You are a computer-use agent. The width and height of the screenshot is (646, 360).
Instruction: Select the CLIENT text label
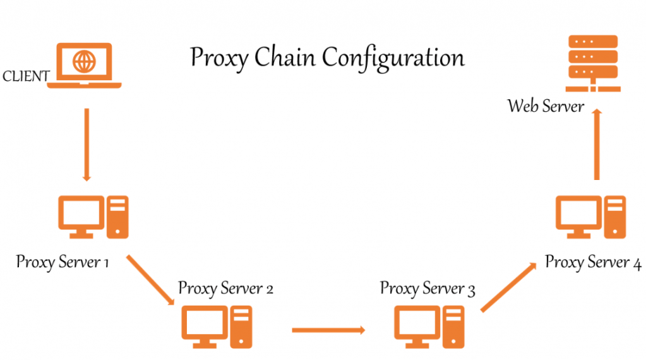tap(26, 77)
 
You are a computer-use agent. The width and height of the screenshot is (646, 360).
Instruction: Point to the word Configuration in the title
tap(393, 59)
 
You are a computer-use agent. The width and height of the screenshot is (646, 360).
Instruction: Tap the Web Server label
tap(546, 105)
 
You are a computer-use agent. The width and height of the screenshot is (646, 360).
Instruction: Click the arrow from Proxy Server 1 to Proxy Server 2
tap(151, 280)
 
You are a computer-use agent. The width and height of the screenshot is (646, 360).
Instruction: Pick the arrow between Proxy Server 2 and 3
tap(328, 329)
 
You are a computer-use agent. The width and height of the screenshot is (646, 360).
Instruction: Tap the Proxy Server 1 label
tap(63, 261)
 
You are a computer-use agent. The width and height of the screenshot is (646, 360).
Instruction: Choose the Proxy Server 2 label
tap(225, 289)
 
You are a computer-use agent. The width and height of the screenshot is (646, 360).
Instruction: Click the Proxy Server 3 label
tap(427, 289)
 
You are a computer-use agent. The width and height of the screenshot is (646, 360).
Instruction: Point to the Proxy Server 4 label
tap(593, 261)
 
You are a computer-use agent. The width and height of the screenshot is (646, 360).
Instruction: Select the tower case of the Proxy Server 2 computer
tap(241, 327)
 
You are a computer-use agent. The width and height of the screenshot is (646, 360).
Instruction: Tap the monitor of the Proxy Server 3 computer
tap(416, 324)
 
